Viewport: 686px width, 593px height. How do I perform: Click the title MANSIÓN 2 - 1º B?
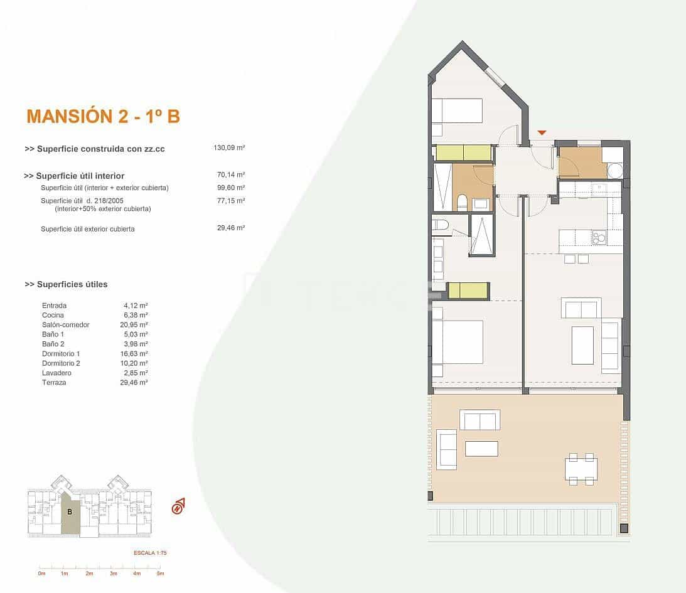click(x=103, y=116)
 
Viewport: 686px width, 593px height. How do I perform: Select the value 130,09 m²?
click(x=228, y=149)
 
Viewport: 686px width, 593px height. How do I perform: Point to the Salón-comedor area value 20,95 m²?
click(x=135, y=325)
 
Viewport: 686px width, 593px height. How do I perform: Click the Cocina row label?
click(x=54, y=315)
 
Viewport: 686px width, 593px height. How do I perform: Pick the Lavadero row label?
click(x=56, y=373)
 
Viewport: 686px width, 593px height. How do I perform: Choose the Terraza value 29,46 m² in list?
click(x=135, y=382)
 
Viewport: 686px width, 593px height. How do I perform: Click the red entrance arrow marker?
click(x=542, y=132)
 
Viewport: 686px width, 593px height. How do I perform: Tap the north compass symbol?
click(x=178, y=505)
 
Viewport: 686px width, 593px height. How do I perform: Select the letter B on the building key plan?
click(x=70, y=511)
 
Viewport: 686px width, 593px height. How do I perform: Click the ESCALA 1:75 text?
click(x=150, y=553)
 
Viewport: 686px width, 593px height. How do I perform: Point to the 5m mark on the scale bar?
click(x=160, y=574)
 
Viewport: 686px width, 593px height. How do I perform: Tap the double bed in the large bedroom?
click(x=457, y=342)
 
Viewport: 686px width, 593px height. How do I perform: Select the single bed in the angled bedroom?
click(x=457, y=110)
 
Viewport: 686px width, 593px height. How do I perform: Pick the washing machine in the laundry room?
click(x=614, y=171)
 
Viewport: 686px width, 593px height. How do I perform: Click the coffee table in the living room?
click(x=582, y=345)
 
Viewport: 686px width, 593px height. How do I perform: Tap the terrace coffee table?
click(x=481, y=449)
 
